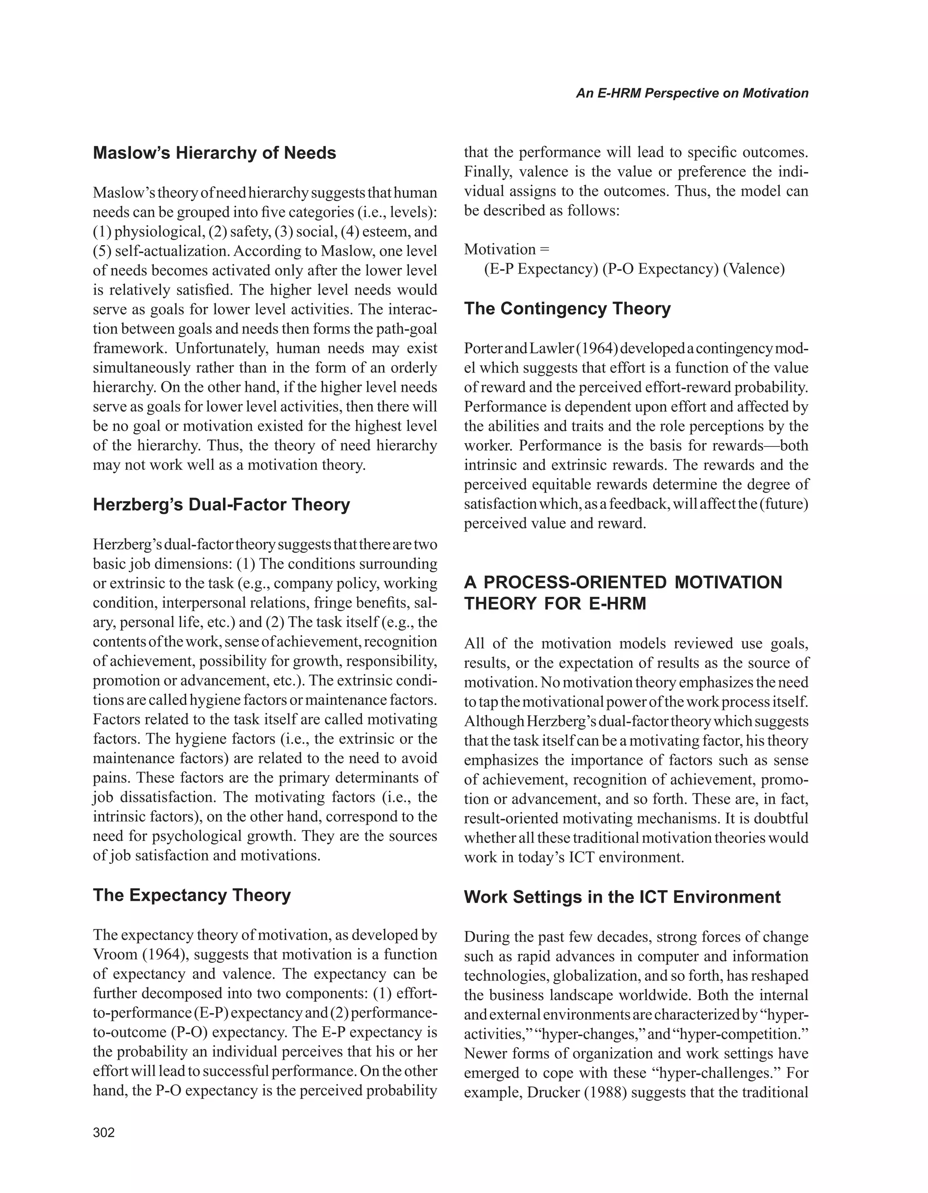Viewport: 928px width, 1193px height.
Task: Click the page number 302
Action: tap(104, 1133)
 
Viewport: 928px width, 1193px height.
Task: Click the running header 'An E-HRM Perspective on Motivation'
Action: tap(692, 93)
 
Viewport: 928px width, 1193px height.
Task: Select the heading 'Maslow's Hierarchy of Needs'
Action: tap(214, 153)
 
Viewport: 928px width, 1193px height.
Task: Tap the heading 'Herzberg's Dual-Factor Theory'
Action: tap(221, 504)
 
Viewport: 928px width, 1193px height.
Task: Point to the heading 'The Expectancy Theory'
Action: tap(191, 895)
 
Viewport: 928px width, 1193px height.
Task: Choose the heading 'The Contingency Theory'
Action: tap(567, 309)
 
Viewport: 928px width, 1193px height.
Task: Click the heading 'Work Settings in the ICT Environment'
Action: tap(622, 897)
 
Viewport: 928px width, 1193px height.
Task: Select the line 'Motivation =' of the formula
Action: tap(506, 250)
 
